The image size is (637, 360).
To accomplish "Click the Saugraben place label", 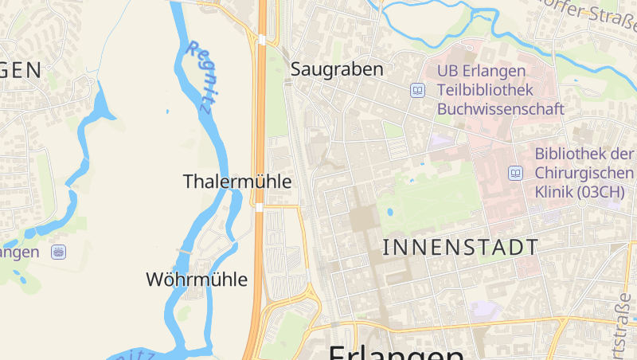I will [337, 69].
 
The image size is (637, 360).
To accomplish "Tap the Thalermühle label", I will [237, 182].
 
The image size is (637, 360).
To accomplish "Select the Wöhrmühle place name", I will [197, 280].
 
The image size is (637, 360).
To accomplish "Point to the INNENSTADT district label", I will [461, 247].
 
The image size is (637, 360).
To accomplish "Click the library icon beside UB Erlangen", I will [417, 90].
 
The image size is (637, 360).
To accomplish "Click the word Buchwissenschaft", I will [501, 109].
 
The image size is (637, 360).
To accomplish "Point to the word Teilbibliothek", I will [485, 90].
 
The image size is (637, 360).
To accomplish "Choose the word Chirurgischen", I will [584, 173].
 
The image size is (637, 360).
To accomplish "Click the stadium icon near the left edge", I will [58, 252].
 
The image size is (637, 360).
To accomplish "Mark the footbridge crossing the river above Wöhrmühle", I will [186, 251].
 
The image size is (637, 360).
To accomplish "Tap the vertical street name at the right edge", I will [622, 327].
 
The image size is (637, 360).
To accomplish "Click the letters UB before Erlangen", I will [447, 70].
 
